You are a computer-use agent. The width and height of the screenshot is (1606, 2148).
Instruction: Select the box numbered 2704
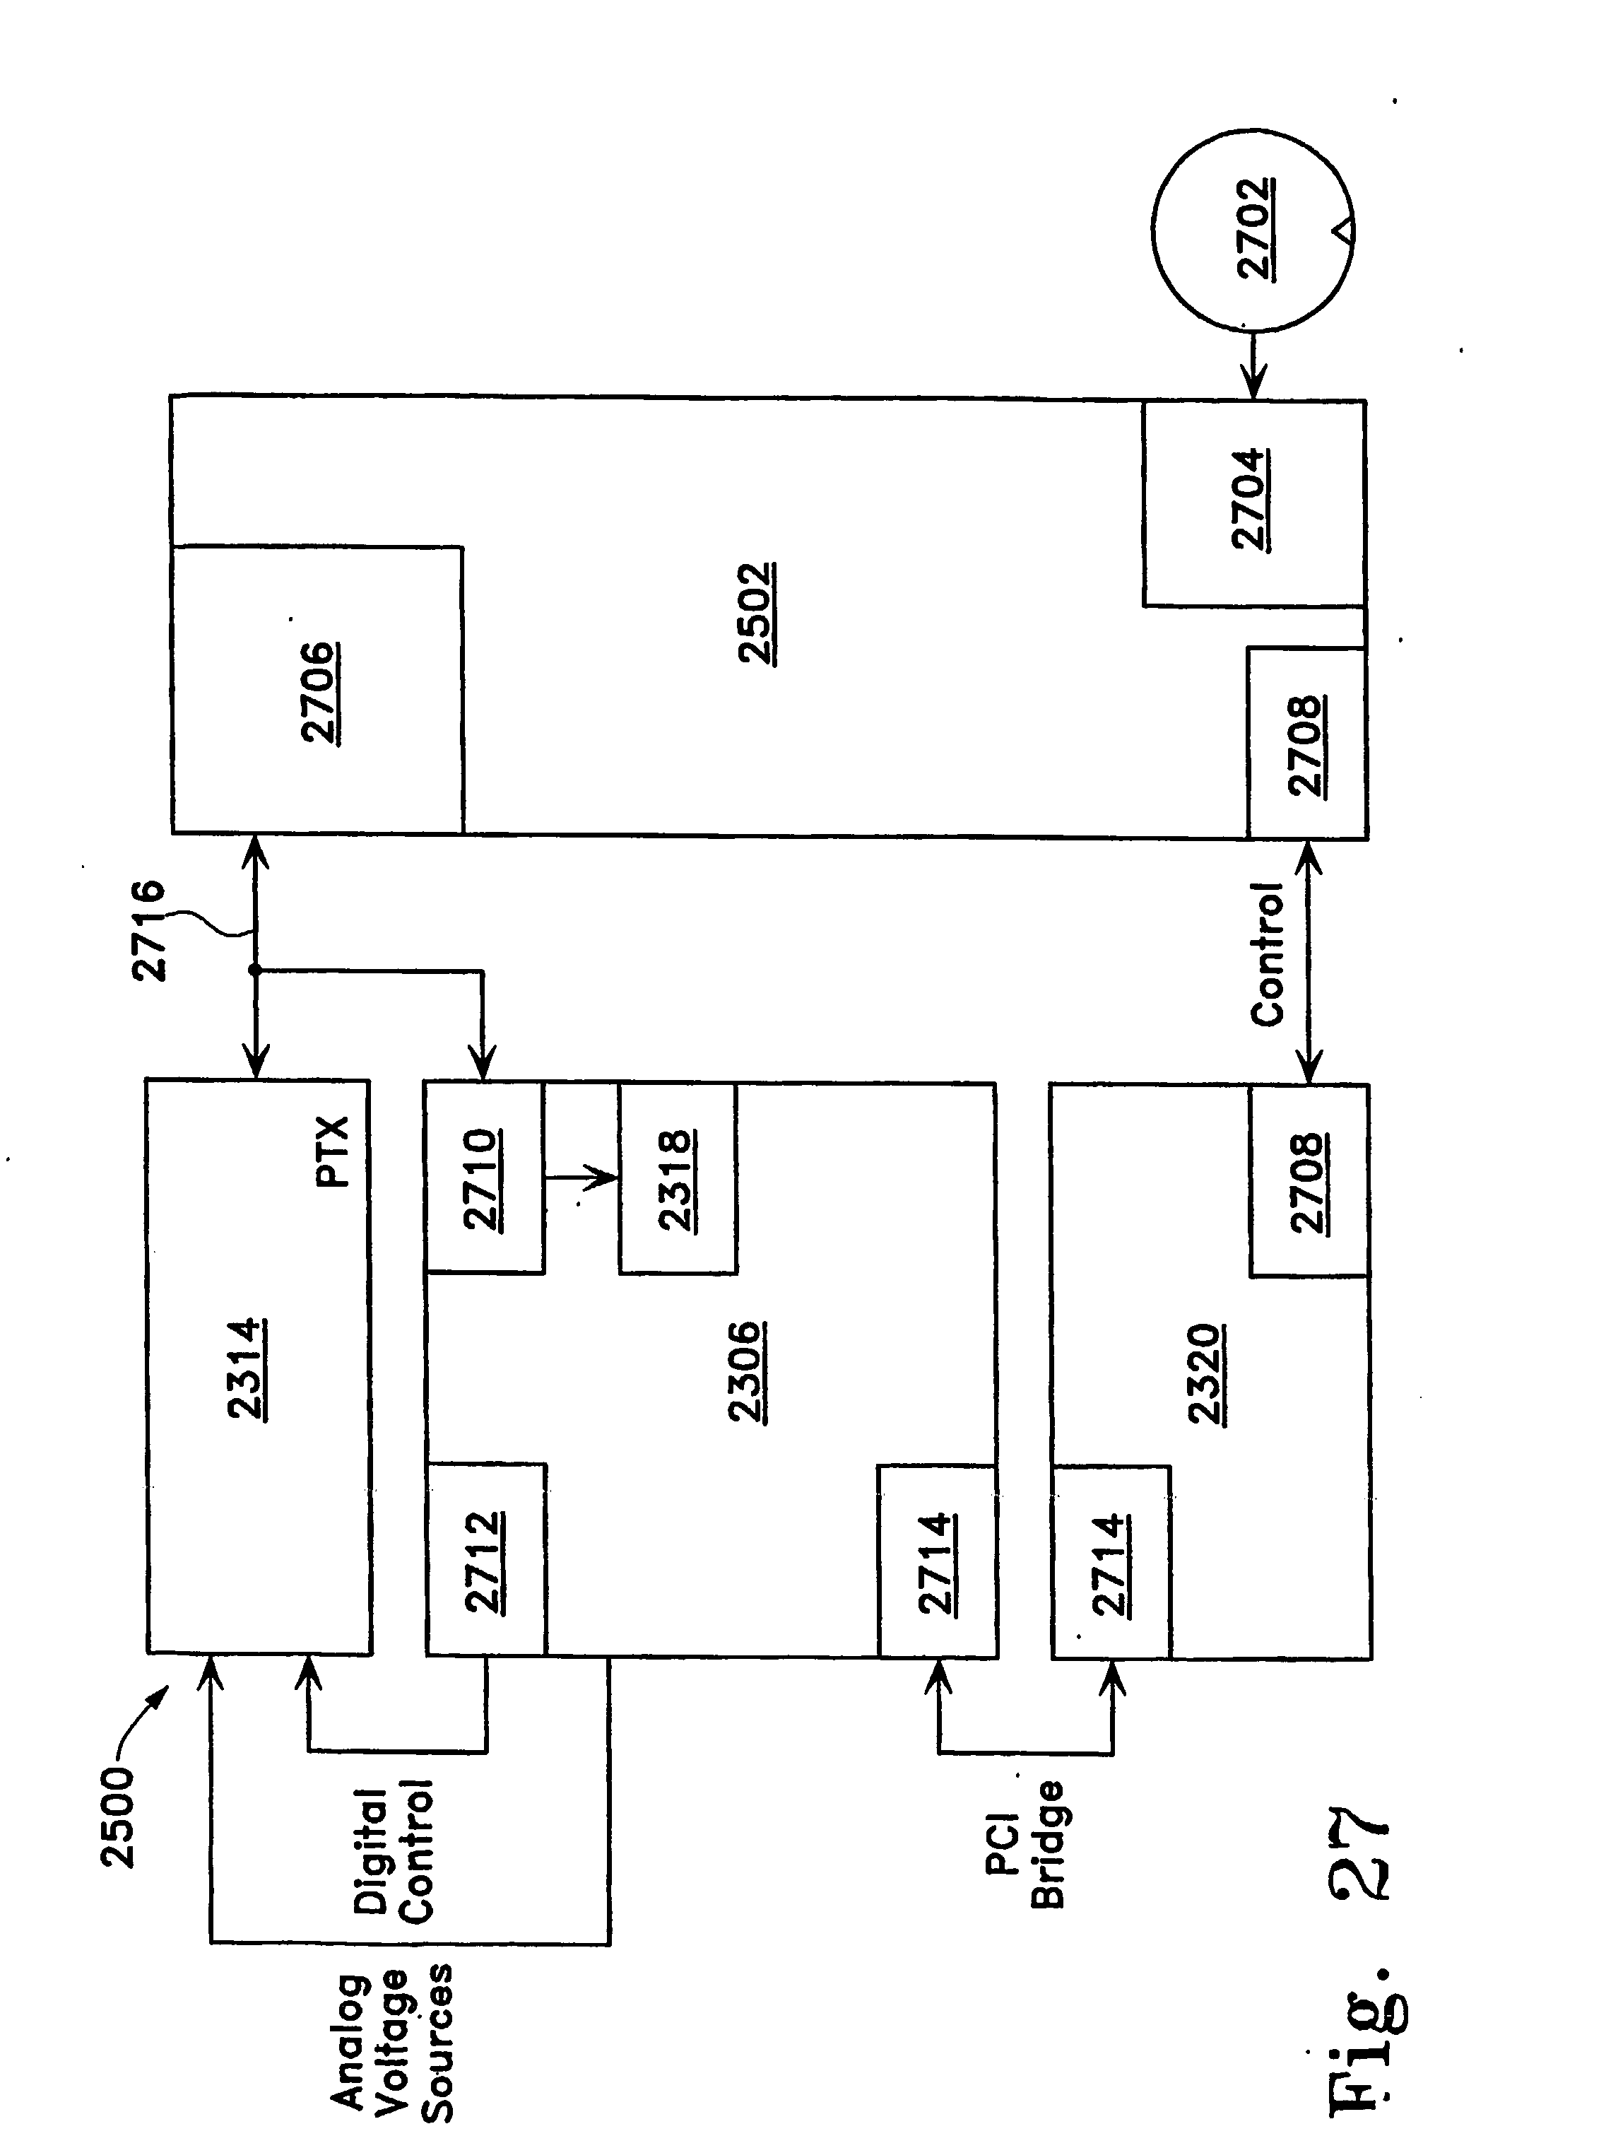coord(1253,503)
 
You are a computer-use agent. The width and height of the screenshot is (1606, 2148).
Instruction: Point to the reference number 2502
coord(755,614)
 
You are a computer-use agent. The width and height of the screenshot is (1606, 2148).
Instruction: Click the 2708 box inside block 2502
coord(1306,743)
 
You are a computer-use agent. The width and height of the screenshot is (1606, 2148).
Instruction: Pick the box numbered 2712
coord(485,1559)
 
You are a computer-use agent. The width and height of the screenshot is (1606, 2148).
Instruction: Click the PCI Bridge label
coord(1025,1845)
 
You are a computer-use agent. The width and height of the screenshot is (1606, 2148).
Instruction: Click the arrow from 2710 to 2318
coord(581,1178)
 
